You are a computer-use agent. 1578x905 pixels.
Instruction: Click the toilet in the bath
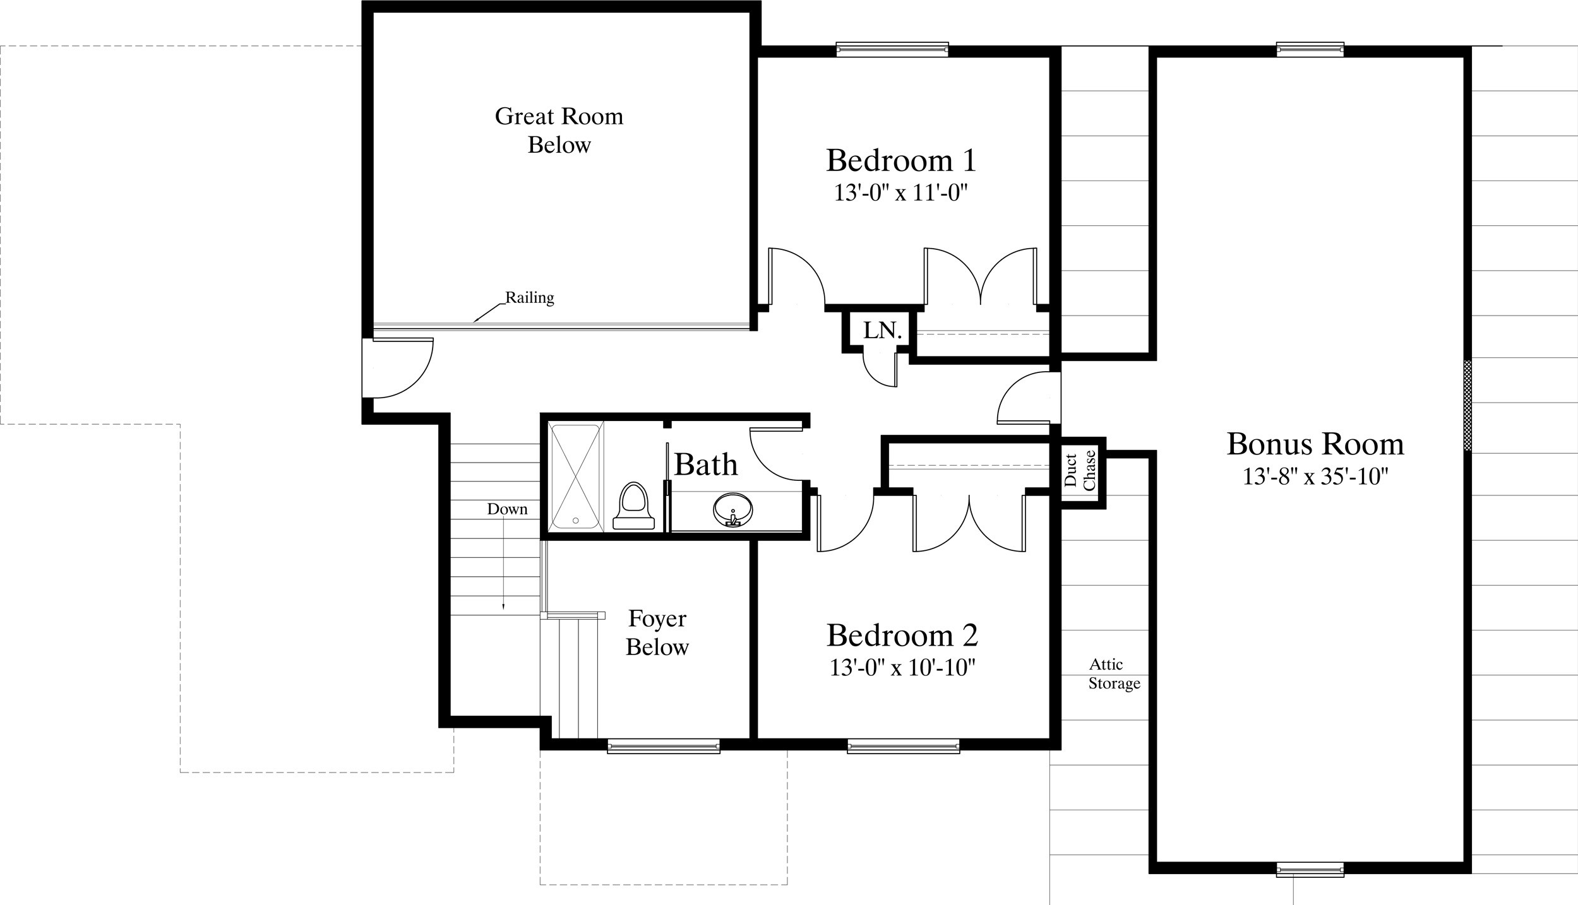click(633, 506)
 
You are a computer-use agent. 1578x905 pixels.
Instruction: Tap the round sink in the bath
click(732, 509)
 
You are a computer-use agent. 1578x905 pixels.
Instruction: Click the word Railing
click(529, 297)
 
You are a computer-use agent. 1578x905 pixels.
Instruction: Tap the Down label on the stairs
click(507, 509)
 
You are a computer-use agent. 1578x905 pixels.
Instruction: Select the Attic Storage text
click(1114, 673)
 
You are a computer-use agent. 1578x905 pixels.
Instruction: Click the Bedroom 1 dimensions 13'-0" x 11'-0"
click(901, 193)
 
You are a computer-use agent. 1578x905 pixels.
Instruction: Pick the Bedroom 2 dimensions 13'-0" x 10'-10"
click(902, 668)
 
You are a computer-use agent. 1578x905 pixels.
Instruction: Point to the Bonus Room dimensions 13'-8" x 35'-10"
click(1315, 476)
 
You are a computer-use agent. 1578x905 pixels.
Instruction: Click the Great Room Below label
click(559, 130)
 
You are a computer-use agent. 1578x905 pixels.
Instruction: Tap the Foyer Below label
click(657, 632)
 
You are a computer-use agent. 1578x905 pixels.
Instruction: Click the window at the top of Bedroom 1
click(892, 49)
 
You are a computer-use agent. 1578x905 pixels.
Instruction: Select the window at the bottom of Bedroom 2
click(904, 747)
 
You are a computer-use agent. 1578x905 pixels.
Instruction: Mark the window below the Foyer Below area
click(664, 747)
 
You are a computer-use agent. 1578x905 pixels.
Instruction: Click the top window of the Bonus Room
click(1310, 49)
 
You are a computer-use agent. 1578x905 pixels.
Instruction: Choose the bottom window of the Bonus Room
click(1310, 870)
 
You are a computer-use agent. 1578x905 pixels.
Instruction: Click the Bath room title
click(706, 464)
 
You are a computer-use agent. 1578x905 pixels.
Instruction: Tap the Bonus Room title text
click(1315, 444)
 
